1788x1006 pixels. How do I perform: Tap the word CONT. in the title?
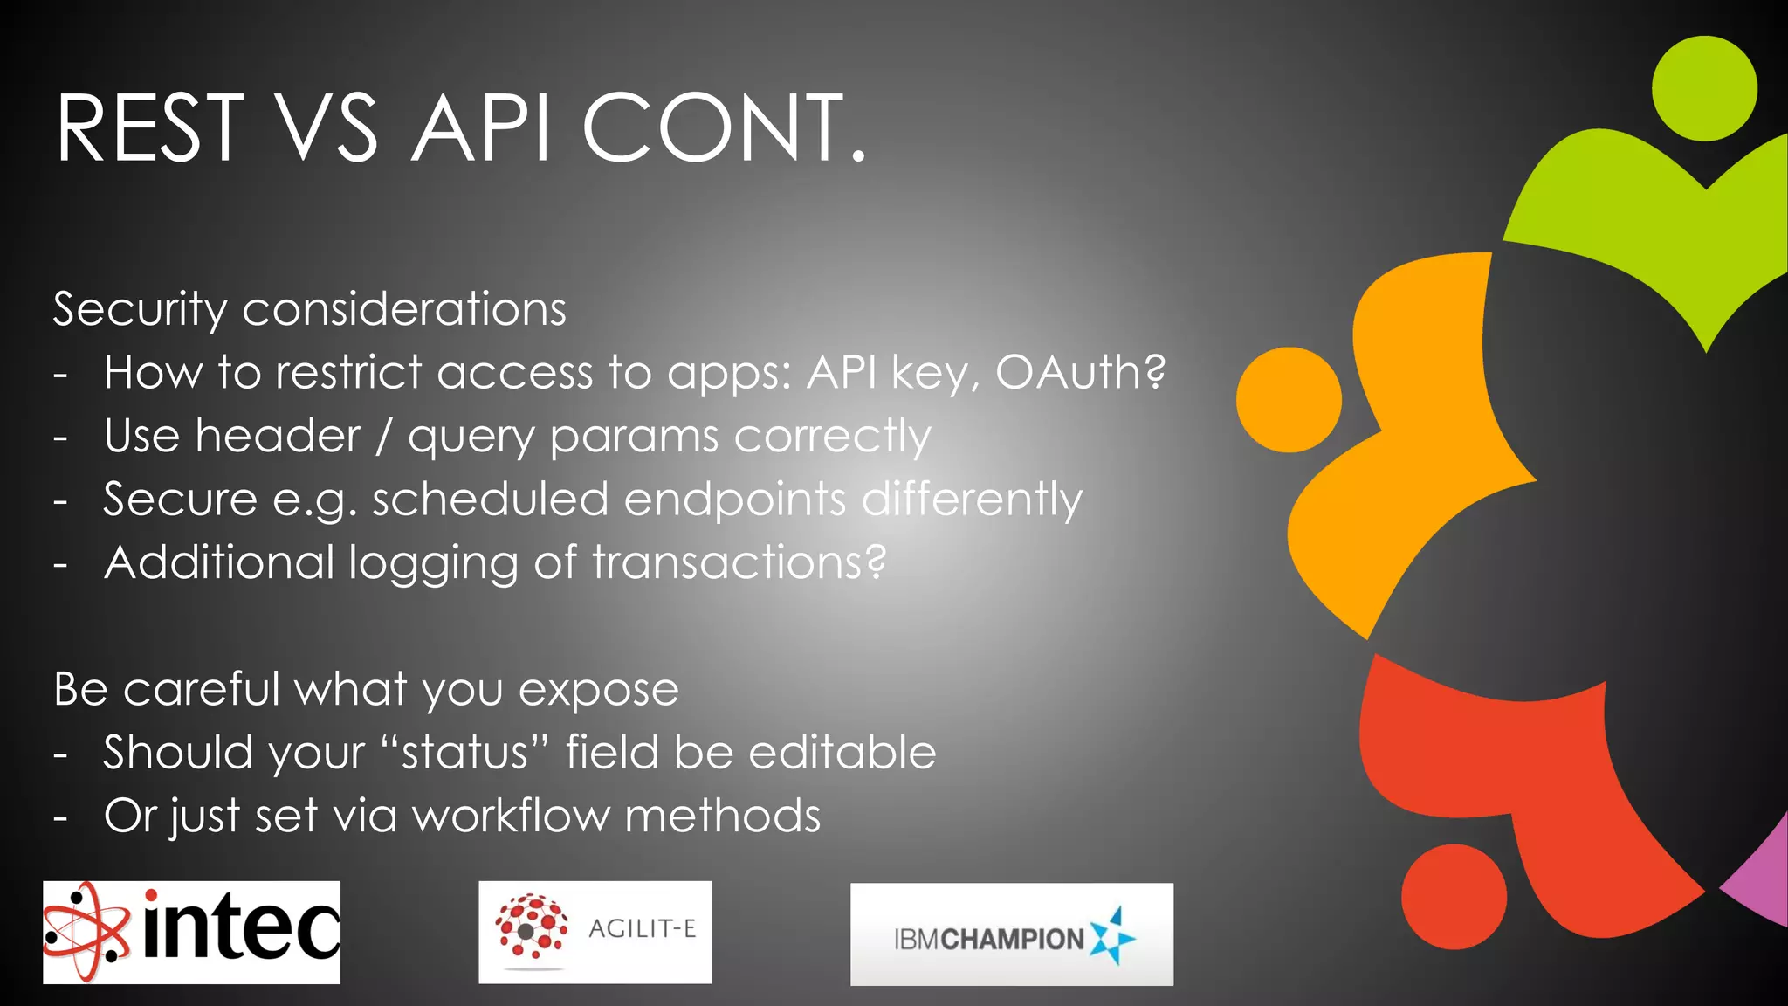(x=724, y=129)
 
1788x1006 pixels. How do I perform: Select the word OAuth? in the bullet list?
(x=1080, y=373)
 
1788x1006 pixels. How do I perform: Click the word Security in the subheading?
(x=140, y=310)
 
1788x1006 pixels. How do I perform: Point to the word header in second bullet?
(x=278, y=436)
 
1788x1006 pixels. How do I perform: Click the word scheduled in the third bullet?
(x=490, y=500)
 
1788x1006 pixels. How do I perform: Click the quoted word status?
(x=464, y=753)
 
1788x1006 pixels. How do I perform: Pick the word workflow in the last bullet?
(x=511, y=817)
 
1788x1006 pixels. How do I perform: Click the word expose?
(x=598, y=690)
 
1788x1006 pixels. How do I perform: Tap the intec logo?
(x=192, y=932)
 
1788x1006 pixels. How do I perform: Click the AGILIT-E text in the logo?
(x=642, y=929)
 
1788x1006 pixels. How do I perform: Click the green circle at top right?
(x=1704, y=88)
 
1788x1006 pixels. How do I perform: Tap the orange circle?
(x=1289, y=400)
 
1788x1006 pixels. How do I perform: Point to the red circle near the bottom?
(x=1454, y=897)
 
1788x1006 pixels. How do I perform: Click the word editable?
(x=842, y=753)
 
